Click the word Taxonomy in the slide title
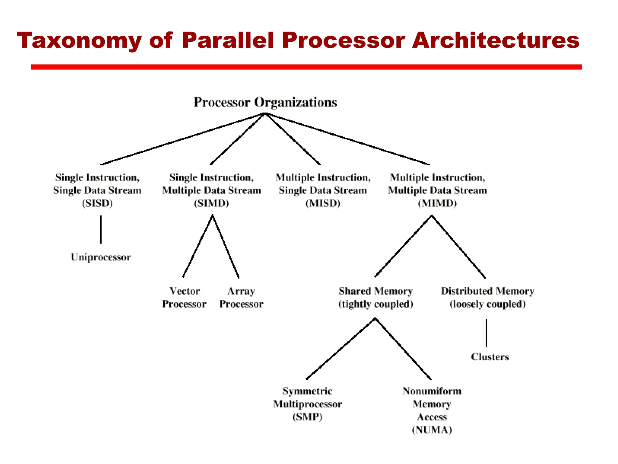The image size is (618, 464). click(x=79, y=40)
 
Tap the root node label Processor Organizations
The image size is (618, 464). click(x=265, y=102)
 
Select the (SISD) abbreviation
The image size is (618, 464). click(x=97, y=203)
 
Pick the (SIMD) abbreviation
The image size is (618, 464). click(x=211, y=203)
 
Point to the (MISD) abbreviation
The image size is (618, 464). click(x=323, y=203)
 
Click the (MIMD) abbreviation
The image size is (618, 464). click(x=437, y=203)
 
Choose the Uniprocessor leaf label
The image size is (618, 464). click(x=101, y=257)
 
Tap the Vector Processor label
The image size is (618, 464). click(x=184, y=297)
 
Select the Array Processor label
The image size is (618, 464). click(x=241, y=297)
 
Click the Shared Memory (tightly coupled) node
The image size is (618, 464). click(x=375, y=297)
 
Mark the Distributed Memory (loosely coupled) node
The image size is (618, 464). click(x=487, y=297)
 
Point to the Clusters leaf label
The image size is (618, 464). click(x=490, y=357)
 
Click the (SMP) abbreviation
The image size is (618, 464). click(x=307, y=417)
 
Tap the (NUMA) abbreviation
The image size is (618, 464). click(x=432, y=430)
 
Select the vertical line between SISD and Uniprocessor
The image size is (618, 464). click(x=101, y=230)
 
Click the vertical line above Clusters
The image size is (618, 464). click(x=486, y=333)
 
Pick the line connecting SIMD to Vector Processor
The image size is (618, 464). click(x=198, y=246)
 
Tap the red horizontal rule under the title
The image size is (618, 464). click(x=306, y=67)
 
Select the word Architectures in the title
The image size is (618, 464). click(x=495, y=40)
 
